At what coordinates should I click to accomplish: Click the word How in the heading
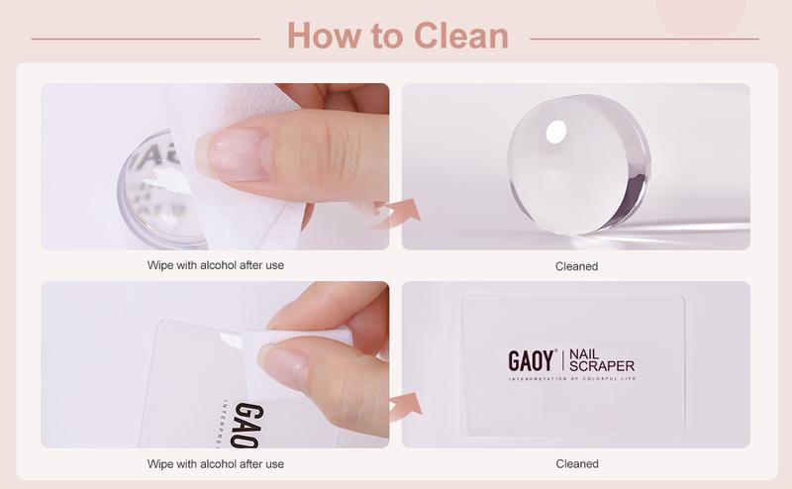coord(318,37)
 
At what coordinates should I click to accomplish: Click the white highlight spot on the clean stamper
coord(556,130)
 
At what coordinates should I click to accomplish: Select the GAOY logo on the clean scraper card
coord(532,359)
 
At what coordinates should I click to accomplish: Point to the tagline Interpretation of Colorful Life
coord(571,378)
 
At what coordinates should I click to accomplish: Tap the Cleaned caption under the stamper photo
coord(576,266)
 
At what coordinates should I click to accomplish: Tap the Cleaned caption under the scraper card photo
coord(576,463)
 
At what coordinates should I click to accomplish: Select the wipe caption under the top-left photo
coord(215,265)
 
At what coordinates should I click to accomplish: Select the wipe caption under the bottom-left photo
coord(215,463)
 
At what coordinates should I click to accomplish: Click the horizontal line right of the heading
coord(644,39)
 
